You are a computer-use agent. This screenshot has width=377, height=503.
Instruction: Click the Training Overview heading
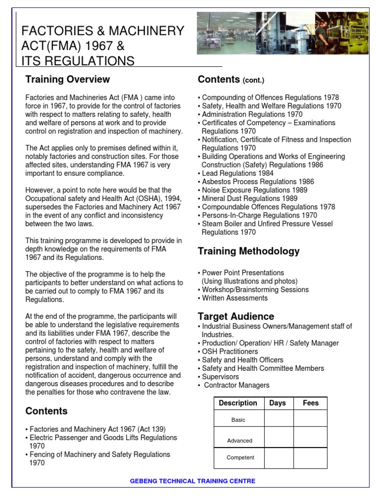pyautogui.click(x=68, y=80)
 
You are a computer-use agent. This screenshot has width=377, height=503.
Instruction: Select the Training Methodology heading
pyautogui.click(x=248, y=251)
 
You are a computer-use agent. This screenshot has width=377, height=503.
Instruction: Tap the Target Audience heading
pyautogui.click(x=236, y=316)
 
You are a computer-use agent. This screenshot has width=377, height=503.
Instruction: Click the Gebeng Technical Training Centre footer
pyautogui.click(x=192, y=481)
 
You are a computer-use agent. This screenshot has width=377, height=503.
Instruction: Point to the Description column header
pyautogui.click(x=238, y=403)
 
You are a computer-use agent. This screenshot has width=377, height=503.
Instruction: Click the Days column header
pyautogui.click(x=278, y=403)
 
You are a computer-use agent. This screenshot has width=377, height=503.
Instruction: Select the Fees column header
pyautogui.click(x=310, y=403)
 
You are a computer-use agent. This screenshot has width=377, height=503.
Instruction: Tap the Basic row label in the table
pyautogui.click(x=239, y=420)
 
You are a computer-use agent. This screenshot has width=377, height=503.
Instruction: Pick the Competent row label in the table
pyautogui.click(x=241, y=458)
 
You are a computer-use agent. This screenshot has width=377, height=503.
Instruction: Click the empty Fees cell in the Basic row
pyautogui.click(x=310, y=419)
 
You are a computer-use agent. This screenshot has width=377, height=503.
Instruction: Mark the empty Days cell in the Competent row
pyautogui.click(x=278, y=458)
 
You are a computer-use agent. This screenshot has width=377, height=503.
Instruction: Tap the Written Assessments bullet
pyautogui.click(x=235, y=298)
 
